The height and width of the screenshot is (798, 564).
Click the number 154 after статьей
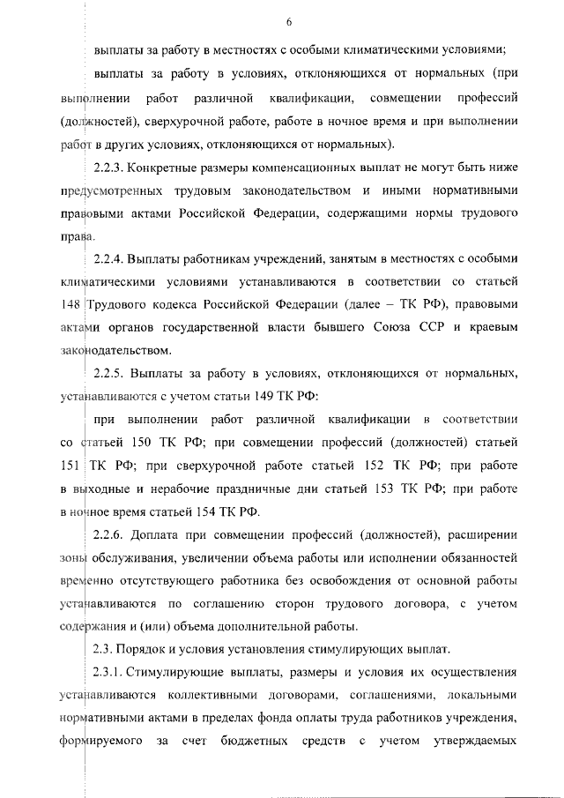click(217, 511)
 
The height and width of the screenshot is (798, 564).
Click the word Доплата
click(156, 534)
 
